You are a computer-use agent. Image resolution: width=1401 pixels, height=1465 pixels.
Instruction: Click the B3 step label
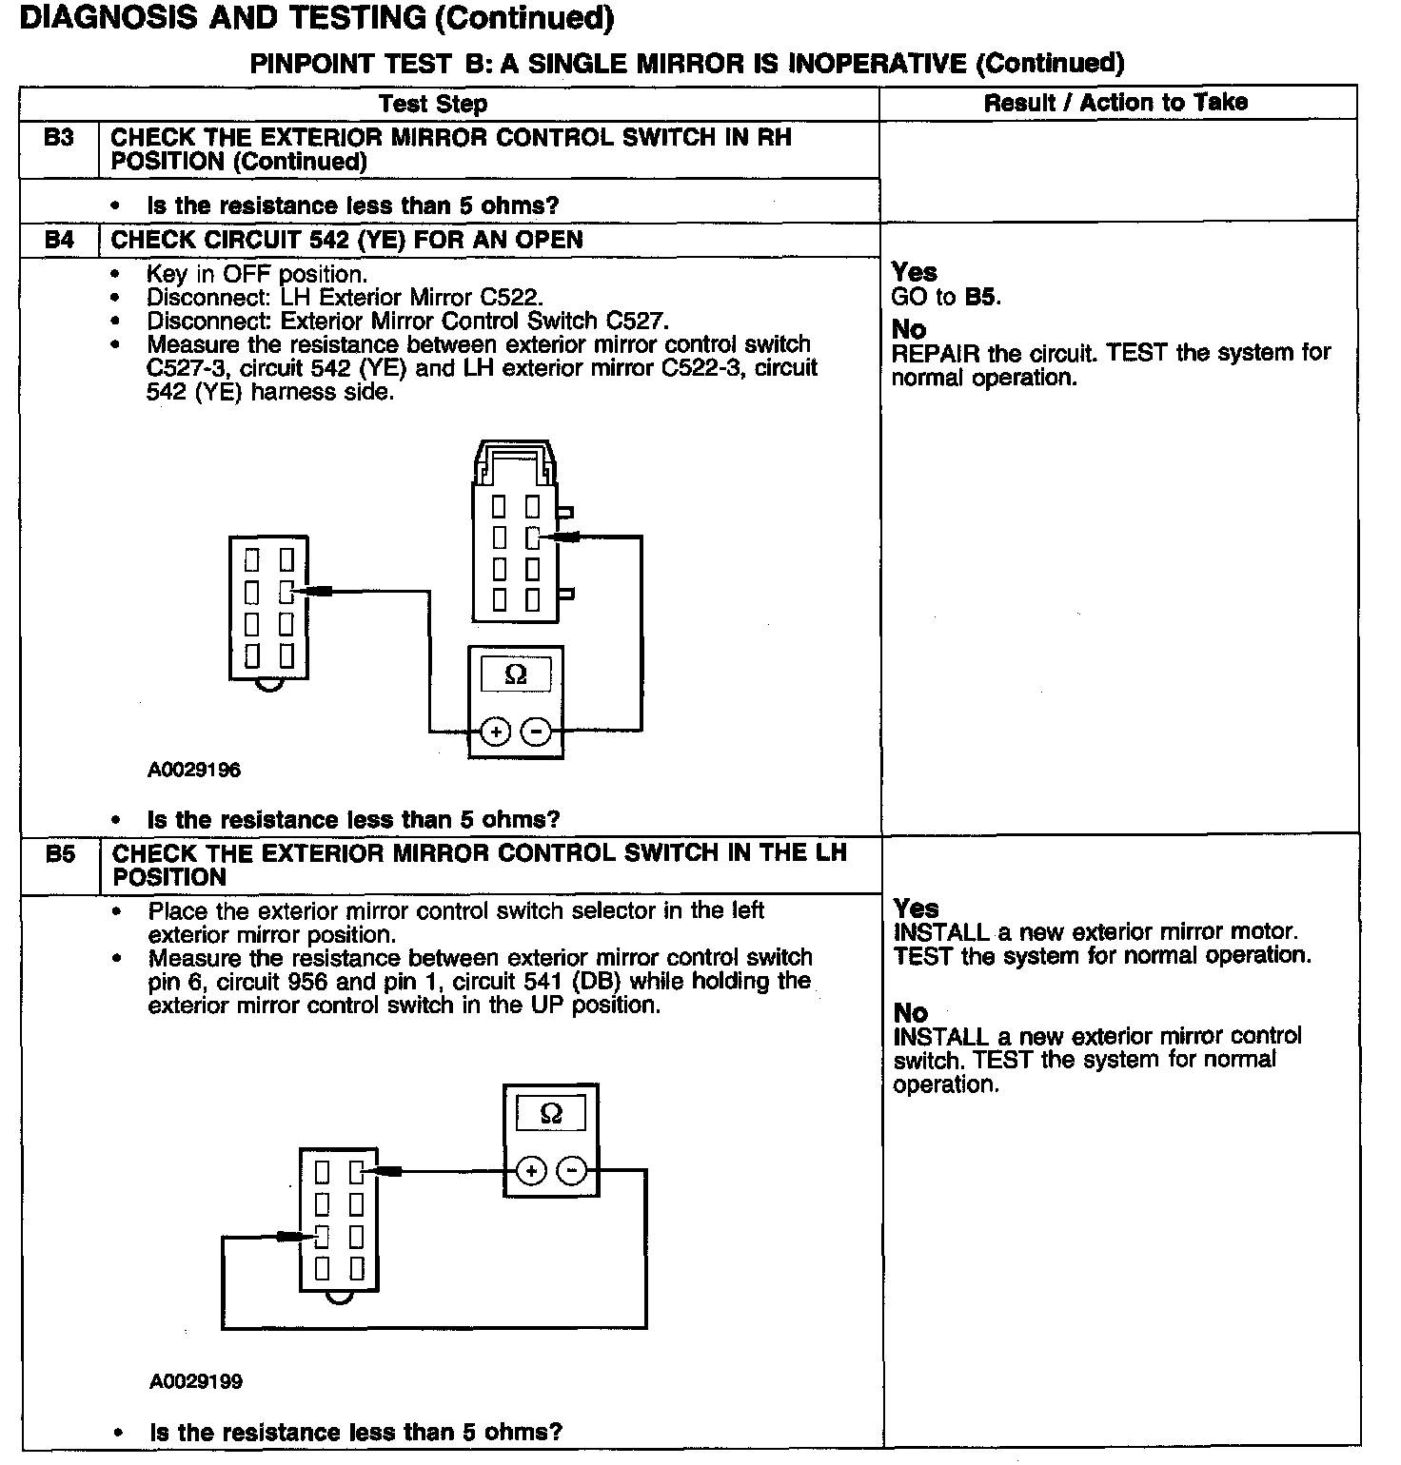59,138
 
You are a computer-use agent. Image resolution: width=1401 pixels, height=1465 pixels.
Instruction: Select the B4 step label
59,240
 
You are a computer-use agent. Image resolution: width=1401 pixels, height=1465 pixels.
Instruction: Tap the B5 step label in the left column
60,853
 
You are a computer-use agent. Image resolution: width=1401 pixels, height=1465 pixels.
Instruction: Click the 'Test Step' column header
433,104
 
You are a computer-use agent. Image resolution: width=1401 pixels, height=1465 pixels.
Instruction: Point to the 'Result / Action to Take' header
1115,103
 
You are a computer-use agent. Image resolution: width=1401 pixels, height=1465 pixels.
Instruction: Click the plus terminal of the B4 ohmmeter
496,732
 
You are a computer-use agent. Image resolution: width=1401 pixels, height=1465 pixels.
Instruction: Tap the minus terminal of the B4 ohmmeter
537,732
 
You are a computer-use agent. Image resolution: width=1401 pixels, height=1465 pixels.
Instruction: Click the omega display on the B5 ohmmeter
551,1113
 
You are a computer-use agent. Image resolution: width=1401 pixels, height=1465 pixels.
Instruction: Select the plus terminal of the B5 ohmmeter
531,1170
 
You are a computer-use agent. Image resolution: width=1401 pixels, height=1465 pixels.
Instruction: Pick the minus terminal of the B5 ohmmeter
571,1170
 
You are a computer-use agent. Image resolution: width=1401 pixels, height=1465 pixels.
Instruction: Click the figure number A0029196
194,771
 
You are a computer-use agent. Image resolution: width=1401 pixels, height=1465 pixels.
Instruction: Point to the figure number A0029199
196,1381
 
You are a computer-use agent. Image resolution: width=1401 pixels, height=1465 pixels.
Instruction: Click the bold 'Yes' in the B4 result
914,273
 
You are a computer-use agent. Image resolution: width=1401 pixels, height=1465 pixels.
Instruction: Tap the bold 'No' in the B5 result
911,1013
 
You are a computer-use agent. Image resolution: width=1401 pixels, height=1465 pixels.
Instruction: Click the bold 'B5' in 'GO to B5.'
982,297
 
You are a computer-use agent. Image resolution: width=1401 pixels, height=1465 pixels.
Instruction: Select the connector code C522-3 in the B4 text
699,368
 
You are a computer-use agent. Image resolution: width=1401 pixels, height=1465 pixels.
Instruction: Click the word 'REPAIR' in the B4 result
936,354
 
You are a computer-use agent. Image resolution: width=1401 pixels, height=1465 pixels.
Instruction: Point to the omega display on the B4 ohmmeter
515,674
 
